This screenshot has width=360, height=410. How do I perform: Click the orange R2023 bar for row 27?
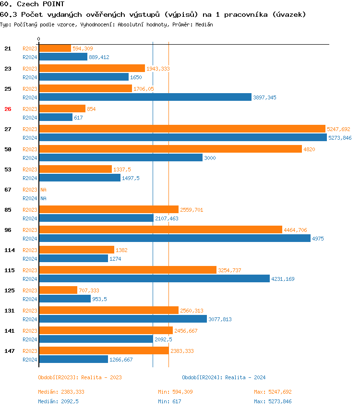[x=182, y=129]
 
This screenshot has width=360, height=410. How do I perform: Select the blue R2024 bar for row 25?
[x=145, y=97]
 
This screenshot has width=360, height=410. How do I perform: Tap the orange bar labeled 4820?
[x=170, y=149]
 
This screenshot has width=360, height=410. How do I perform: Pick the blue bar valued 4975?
[x=175, y=238]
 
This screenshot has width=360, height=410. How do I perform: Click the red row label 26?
[x=8, y=109]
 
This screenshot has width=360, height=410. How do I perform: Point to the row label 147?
[x=9, y=351]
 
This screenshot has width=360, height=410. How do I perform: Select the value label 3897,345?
[x=265, y=97]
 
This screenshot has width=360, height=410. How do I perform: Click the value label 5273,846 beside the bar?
[x=340, y=138]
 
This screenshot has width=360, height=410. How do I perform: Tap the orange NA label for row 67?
[x=43, y=190]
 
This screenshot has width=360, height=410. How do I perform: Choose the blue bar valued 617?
[x=56, y=117]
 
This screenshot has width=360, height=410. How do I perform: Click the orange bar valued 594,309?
[x=55, y=48]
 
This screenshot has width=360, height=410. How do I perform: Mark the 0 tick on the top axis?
[x=39, y=39]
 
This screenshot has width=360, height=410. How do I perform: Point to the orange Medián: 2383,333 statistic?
[x=61, y=392]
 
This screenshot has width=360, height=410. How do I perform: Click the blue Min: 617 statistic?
[x=169, y=401]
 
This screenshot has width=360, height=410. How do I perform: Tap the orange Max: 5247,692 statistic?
[x=273, y=392]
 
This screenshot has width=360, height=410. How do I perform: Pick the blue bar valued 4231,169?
[x=154, y=278]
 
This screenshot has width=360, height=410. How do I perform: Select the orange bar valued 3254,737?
[x=128, y=270]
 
